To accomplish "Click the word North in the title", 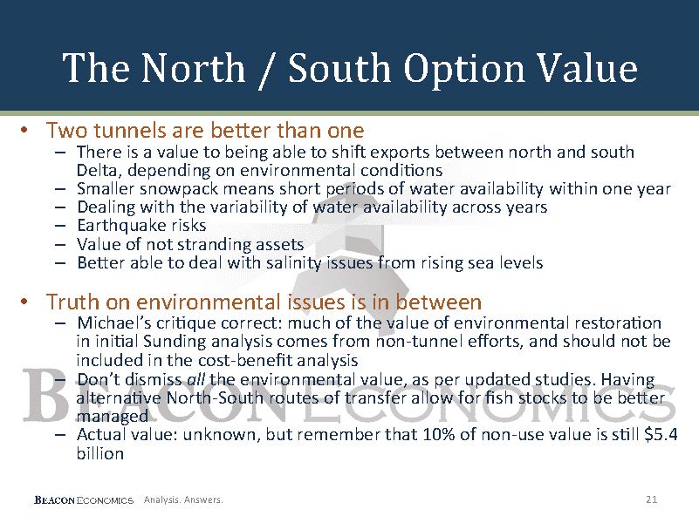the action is coord(194,68).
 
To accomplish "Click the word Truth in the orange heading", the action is coord(73,302).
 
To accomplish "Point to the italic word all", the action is coord(195,379).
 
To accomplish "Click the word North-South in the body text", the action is coord(214,397).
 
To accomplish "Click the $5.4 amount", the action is coord(661,434).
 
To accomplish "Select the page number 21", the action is coord(651,499).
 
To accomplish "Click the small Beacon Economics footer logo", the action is coord(84,499).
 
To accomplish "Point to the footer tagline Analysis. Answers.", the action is coord(183,499).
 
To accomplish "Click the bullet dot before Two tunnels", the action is coord(24,131).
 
